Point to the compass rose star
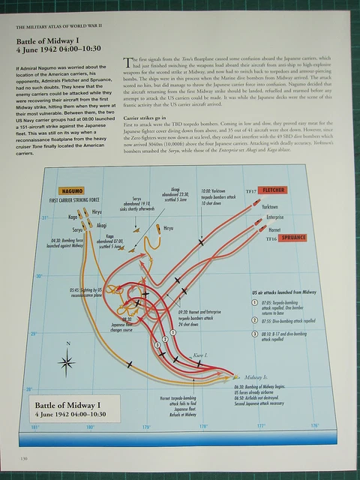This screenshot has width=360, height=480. (67, 363)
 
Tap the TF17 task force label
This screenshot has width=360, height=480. (253, 192)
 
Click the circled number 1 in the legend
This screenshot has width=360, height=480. (256, 301)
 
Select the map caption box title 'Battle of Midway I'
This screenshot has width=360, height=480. (67, 405)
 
